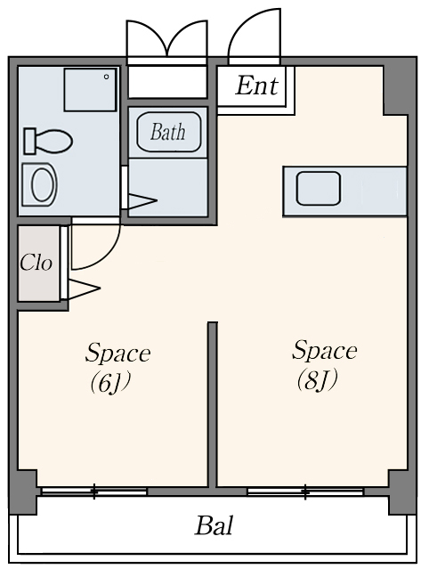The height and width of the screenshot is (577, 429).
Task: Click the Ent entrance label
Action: [257, 85]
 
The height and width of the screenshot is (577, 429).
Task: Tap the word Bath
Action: [168, 132]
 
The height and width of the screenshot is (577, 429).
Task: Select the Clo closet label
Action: [36, 263]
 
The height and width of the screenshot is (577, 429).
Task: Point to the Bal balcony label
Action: [214, 525]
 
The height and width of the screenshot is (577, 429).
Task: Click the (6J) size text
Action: [110, 383]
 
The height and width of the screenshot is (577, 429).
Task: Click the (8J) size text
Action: [317, 380]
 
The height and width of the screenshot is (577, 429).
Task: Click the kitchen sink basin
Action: [319, 189]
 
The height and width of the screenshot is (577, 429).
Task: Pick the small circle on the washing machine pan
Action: [106, 77]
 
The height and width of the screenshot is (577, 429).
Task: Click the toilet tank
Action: [29, 141]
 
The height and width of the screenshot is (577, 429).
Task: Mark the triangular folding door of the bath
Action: [142, 201]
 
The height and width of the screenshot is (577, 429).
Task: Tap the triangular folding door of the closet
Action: [85, 288]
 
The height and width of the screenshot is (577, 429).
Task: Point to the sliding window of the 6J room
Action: [94, 491]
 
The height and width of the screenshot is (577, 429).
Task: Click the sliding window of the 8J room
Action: [305, 491]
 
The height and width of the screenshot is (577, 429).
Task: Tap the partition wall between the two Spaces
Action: [213, 404]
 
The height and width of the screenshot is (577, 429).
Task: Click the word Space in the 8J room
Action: [325, 351]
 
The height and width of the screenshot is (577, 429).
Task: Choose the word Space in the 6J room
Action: [117, 354]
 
